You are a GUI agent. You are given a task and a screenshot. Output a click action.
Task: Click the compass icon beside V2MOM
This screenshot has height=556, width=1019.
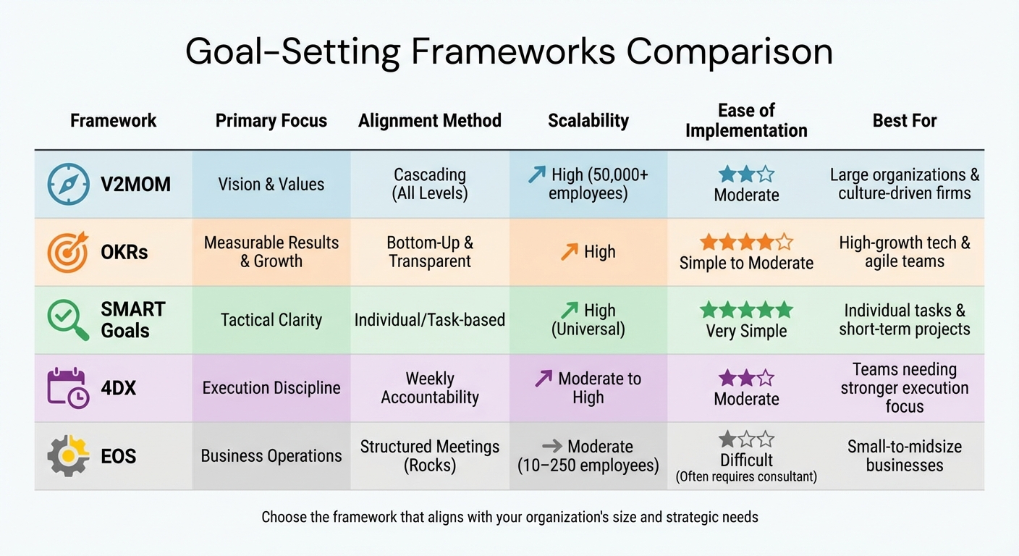pos(68,185)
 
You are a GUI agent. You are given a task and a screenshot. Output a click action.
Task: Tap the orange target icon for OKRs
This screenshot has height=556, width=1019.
pos(68,252)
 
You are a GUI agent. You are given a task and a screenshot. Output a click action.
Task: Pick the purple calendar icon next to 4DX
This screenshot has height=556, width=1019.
pos(68,388)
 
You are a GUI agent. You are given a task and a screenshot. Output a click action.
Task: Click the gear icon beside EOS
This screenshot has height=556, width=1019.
pos(68,456)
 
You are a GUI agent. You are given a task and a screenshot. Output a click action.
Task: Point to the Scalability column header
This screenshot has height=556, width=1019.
pos(588,121)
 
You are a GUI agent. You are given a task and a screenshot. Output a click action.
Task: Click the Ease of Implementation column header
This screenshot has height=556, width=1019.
pos(746,120)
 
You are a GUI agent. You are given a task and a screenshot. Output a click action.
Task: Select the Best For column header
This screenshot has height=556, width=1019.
pos(904,121)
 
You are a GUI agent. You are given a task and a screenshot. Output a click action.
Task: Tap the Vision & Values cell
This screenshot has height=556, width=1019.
pos(271,185)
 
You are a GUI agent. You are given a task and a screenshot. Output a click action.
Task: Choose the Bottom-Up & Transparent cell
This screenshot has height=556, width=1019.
pos(429,252)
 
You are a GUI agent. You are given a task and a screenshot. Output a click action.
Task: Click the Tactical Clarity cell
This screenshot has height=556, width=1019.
pos(271,320)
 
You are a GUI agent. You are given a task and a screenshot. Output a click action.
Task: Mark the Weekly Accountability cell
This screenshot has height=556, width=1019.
pos(429,388)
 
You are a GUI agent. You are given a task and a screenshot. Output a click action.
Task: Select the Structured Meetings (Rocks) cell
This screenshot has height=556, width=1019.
pos(429,456)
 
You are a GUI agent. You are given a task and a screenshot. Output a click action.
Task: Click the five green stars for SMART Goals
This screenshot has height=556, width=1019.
pos(746,311)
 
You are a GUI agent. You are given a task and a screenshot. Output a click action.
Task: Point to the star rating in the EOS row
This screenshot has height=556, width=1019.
pos(746,439)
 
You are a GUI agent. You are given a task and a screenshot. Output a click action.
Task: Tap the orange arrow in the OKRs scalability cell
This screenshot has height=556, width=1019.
pos(569,252)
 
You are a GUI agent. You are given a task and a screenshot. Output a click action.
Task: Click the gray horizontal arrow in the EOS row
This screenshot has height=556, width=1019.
pos(551,447)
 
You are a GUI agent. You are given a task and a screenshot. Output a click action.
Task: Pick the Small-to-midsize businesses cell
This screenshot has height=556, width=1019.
pos(904,456)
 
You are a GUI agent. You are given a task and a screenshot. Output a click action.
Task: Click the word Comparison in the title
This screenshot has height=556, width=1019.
pos(730,52)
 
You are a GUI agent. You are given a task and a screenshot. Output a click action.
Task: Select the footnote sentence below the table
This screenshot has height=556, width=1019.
pos(509,517)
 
